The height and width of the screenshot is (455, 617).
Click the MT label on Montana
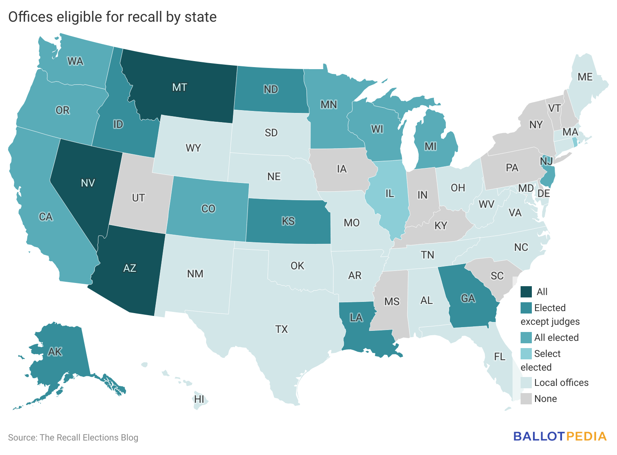[180, 87]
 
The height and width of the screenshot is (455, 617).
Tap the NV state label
[88, 183]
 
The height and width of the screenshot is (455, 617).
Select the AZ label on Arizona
[130, 268]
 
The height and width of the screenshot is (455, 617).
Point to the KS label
[288, 221]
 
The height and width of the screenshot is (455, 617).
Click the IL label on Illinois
[390, 194]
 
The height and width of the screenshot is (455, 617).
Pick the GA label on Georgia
[468, 298]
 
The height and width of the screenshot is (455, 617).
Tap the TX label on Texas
[282, 329]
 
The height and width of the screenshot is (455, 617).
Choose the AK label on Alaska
[55, 352]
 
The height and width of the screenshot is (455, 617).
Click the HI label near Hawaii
[199, 399]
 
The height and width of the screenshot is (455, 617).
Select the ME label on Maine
[585, 77]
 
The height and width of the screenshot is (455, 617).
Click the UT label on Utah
[139, 198]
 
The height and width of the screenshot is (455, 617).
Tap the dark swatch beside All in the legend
[526, 292]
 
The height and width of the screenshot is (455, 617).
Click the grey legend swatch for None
[526, 399]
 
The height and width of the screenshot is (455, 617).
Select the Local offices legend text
[561, 383]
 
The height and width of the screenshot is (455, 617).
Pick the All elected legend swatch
[526, 338]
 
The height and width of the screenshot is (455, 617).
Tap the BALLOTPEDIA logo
[560, 437]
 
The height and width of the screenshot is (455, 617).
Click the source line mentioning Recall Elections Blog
[73, 437]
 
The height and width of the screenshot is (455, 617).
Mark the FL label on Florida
[500, 357]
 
